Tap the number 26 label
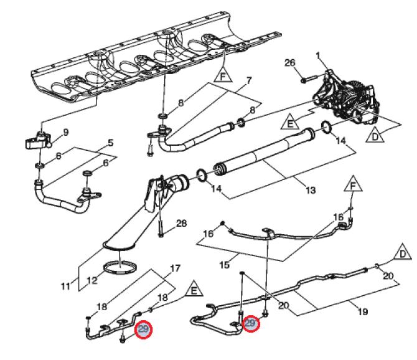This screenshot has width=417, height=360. pyautogui.click(x=290, y=62)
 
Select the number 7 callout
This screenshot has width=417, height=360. pyautogui.click(x=249, y=80)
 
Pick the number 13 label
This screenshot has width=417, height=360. pyautogui.click(x=310, y=190)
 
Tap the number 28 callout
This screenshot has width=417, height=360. pyautogui.click(x=181, y=223)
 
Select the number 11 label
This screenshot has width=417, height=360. pyautogui.click(x=66, y=287)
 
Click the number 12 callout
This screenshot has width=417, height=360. pyautogui.click(x=92, y=280)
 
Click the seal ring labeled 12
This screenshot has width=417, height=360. pyautogui.click(x=120, y=267)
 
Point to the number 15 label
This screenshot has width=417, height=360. pyautogui.click(x=224, y=265)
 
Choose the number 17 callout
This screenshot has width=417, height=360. pyautogui.click(x=175, y=268)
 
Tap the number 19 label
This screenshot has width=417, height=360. pyautogui.click(x=363, y=311)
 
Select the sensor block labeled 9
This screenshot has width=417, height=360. pyautogui.click(x=38, y=140)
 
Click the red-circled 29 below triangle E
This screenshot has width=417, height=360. pyautogui.click(x=144, y=329)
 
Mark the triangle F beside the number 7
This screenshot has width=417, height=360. pyautogui.click(x=223, y=75)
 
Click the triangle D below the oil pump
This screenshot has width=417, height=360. pyautogui.click(x=375, y=135)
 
